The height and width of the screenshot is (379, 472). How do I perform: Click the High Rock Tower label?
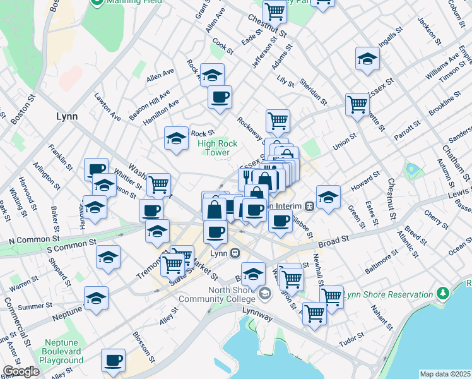(218, 148)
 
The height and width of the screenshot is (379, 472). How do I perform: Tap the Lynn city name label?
(66, 116)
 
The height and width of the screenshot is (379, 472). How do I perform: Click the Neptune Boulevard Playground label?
(61, 352)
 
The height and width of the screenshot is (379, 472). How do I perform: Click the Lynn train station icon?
(235, 253)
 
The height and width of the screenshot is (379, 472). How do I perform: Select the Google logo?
(21, 371)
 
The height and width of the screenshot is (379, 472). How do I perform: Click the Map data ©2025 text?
(445, 374)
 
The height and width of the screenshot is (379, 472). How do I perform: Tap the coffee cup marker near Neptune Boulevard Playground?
(113, 360)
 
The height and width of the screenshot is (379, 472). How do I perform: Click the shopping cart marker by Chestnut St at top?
(274, 10)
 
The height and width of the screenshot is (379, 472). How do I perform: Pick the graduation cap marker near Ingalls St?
(367, 59)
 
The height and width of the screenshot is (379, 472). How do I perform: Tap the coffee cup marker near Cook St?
(220, 97)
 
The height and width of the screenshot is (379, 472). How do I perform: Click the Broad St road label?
(333, 241)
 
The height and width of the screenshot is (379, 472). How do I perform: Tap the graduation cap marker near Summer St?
(96, 298)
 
